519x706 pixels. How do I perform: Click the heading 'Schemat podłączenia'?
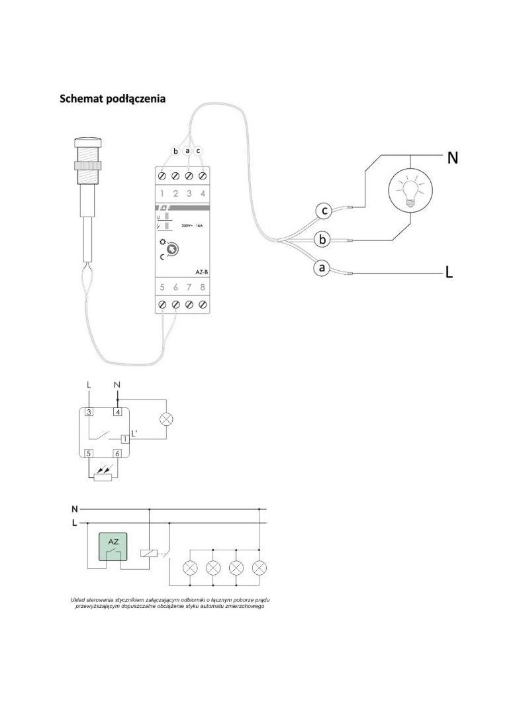coord(113,99)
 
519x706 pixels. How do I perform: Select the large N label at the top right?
coord(453,158)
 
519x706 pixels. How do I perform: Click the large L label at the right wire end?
coord(449,273)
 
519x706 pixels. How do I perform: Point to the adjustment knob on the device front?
coord(172,250)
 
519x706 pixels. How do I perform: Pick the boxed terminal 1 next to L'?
coord(124,439)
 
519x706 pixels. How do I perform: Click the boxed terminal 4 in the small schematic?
coord(117,412)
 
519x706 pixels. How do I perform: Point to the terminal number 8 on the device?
coord(203,287)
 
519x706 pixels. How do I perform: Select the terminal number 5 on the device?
coord(162,287)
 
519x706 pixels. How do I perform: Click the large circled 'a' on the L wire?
coord(322,268)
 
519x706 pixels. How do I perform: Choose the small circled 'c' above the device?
coord(199,151)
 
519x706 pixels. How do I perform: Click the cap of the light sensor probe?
coord(88,142)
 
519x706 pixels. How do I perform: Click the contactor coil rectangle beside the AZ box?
coord(149,552)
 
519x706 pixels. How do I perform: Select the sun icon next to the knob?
coord(162,244)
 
